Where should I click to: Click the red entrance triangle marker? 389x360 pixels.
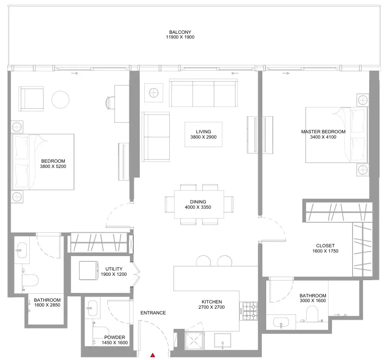(153, 355)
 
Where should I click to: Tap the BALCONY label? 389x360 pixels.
(180, 32)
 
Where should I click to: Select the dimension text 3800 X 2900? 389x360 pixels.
(203, 137)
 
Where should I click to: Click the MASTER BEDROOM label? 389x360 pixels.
(323, 132)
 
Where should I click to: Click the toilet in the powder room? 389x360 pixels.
(100, 332)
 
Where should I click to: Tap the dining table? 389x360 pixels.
(199, 204)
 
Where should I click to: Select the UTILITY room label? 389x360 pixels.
(114, 269)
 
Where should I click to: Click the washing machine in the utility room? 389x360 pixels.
(89, 270)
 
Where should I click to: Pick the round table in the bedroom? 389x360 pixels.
(60, 100)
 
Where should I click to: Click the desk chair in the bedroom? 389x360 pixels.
(111, 103)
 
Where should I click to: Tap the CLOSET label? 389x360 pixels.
(325, 246)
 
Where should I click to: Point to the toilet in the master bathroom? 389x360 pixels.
(312, 314)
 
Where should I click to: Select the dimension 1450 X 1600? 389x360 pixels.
(114, 342)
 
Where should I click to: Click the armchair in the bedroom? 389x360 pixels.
(31, 99)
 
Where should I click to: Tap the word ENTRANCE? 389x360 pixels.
(153, 313)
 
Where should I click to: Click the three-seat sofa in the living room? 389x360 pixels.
(203, 93)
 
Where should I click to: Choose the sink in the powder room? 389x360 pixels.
(93, 308)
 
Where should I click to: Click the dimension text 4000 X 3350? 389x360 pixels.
(198, 207)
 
